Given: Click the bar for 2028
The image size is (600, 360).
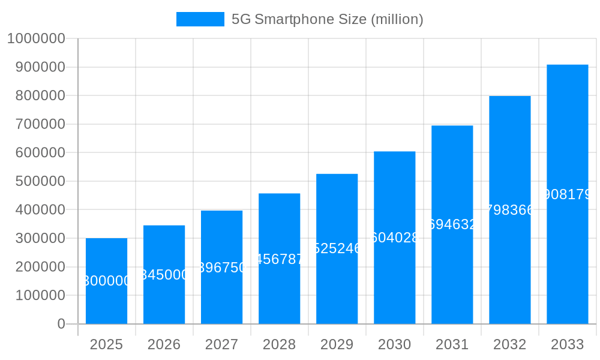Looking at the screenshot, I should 279,294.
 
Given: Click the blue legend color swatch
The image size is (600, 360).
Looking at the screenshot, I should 200,19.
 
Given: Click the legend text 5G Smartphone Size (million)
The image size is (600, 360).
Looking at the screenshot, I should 327,19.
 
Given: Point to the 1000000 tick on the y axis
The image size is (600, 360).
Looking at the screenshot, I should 35,38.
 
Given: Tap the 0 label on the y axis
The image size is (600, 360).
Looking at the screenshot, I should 61,324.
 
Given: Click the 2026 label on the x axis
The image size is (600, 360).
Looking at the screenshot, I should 164,344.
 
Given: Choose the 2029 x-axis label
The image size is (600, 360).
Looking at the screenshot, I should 337,344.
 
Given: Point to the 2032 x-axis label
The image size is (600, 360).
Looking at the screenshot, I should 509,344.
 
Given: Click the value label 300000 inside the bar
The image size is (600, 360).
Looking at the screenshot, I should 106,281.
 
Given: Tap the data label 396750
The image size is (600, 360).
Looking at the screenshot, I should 221,268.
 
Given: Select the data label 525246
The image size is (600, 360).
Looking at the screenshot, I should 337,248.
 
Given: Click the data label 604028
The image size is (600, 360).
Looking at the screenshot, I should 394,238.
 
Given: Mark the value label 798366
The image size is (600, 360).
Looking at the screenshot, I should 509,210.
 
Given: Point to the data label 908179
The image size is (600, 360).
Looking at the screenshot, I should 567,194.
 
